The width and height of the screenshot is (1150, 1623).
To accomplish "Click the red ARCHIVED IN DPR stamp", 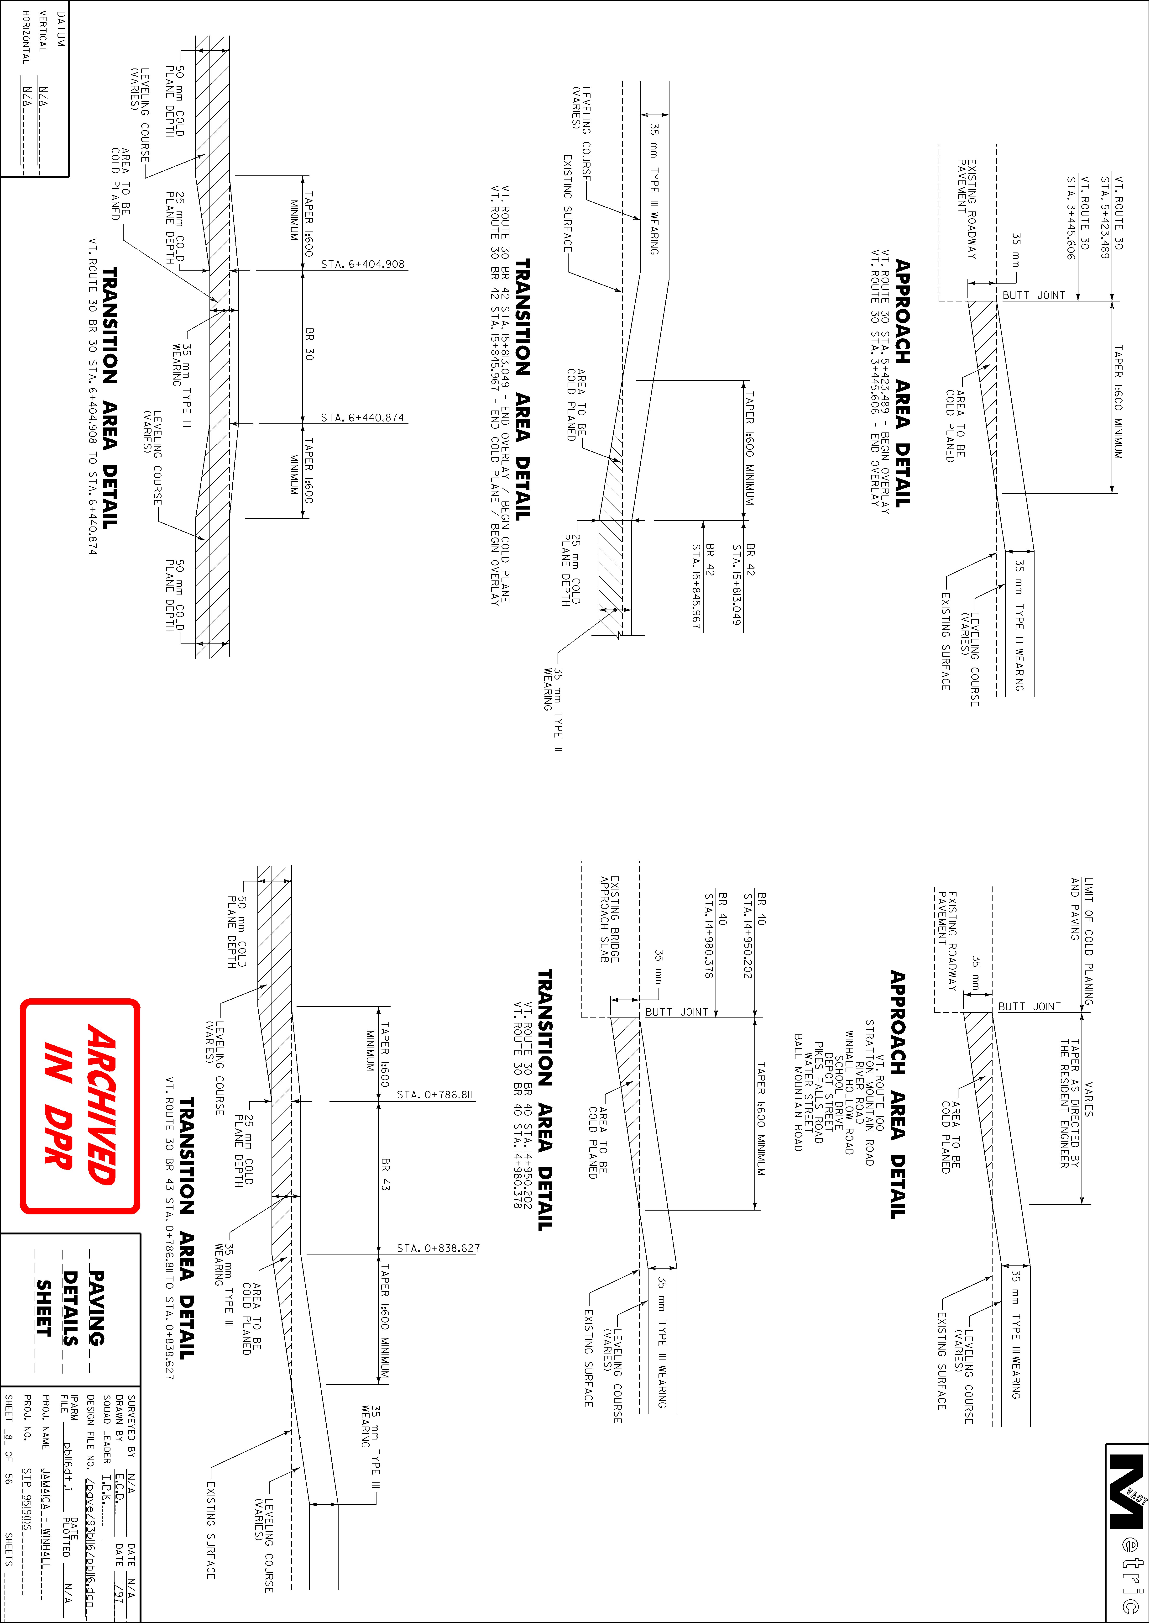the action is coord(80,1107).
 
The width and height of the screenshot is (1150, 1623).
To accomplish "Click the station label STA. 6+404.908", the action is coord(363,264).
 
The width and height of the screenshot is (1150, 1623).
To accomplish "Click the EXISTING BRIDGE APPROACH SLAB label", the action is coord(610,919).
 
